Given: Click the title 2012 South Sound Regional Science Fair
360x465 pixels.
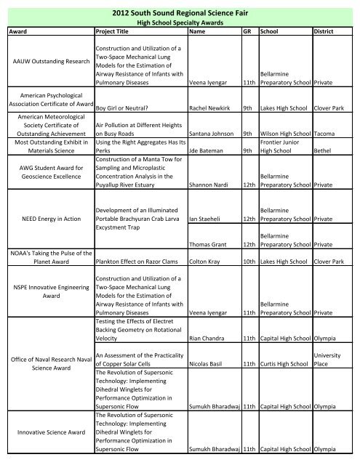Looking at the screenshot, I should pyautogui.click(x=180, y=12).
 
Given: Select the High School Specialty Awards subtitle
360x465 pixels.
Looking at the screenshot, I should pyautogui.click(x=180, y=24).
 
